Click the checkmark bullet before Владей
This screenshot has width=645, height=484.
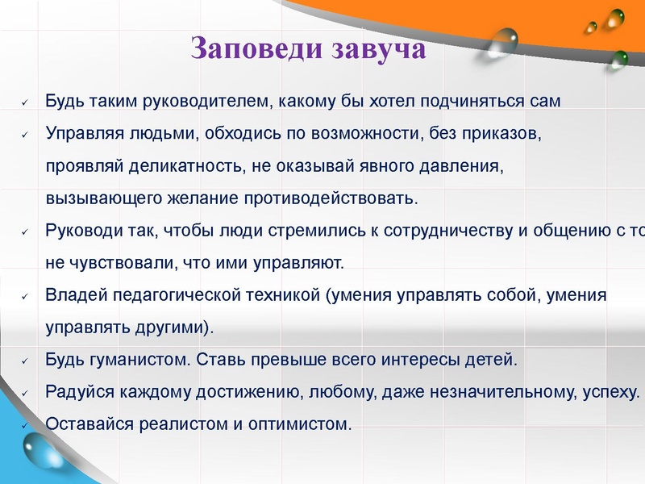[x=25, y=296]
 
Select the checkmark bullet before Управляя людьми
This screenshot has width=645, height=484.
[x=25, y=135]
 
